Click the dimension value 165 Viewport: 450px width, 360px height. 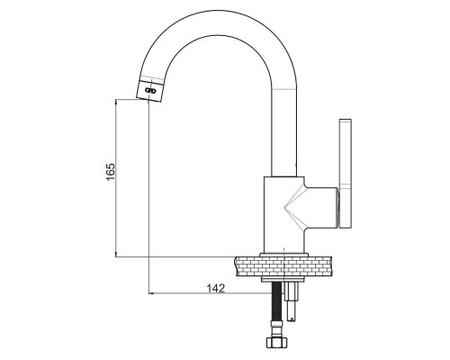pos(111,172)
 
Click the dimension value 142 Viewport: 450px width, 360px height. pos(216,288)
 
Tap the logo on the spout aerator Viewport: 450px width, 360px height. pos(150,90)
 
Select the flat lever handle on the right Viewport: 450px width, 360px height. pos(346,174)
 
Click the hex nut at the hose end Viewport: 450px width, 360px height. pos(277,343)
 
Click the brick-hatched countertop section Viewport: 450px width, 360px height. pos(283,266)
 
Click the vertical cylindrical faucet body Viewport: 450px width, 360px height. pos(283,214)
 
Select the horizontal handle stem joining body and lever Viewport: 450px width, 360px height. pos(321,207)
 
